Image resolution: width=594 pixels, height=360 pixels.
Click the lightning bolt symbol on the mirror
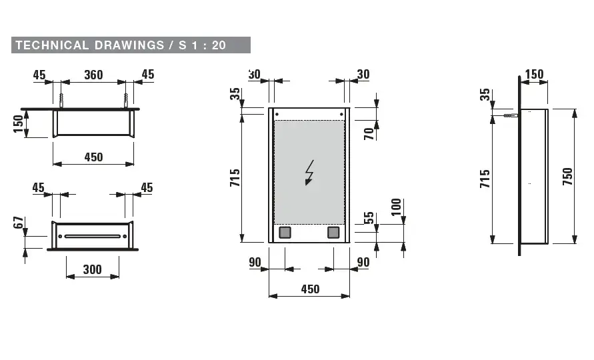(x=309, y=173)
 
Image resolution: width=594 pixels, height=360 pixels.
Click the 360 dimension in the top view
(x=93, y=75)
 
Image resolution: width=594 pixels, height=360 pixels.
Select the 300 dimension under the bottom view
(x=93, y=269)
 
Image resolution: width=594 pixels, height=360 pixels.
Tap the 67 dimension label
(x=19, y=223)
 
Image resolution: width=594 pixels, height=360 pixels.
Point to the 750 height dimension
(x=567, y=176)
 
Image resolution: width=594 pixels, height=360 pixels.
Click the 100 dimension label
(x=397, y=208)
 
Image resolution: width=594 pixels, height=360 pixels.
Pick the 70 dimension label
(x=369, y=132)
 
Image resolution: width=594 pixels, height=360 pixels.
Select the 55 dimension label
(x=369, y=219)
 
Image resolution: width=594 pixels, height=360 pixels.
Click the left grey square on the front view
(x=285, y=233)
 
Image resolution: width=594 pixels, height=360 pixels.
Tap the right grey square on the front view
(x=333, y=233)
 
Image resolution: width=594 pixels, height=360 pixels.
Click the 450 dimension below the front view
(x=310, y=289)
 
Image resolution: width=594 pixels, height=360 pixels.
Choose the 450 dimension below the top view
(x=93, y=157)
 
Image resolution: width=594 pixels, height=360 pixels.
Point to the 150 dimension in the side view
(x=535, y=75)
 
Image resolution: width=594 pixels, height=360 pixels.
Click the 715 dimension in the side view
(x=485, y=179)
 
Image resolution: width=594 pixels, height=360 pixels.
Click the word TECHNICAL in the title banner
(x=52, y=45)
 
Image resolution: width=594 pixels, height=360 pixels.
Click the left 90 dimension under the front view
(x=255, y=263)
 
